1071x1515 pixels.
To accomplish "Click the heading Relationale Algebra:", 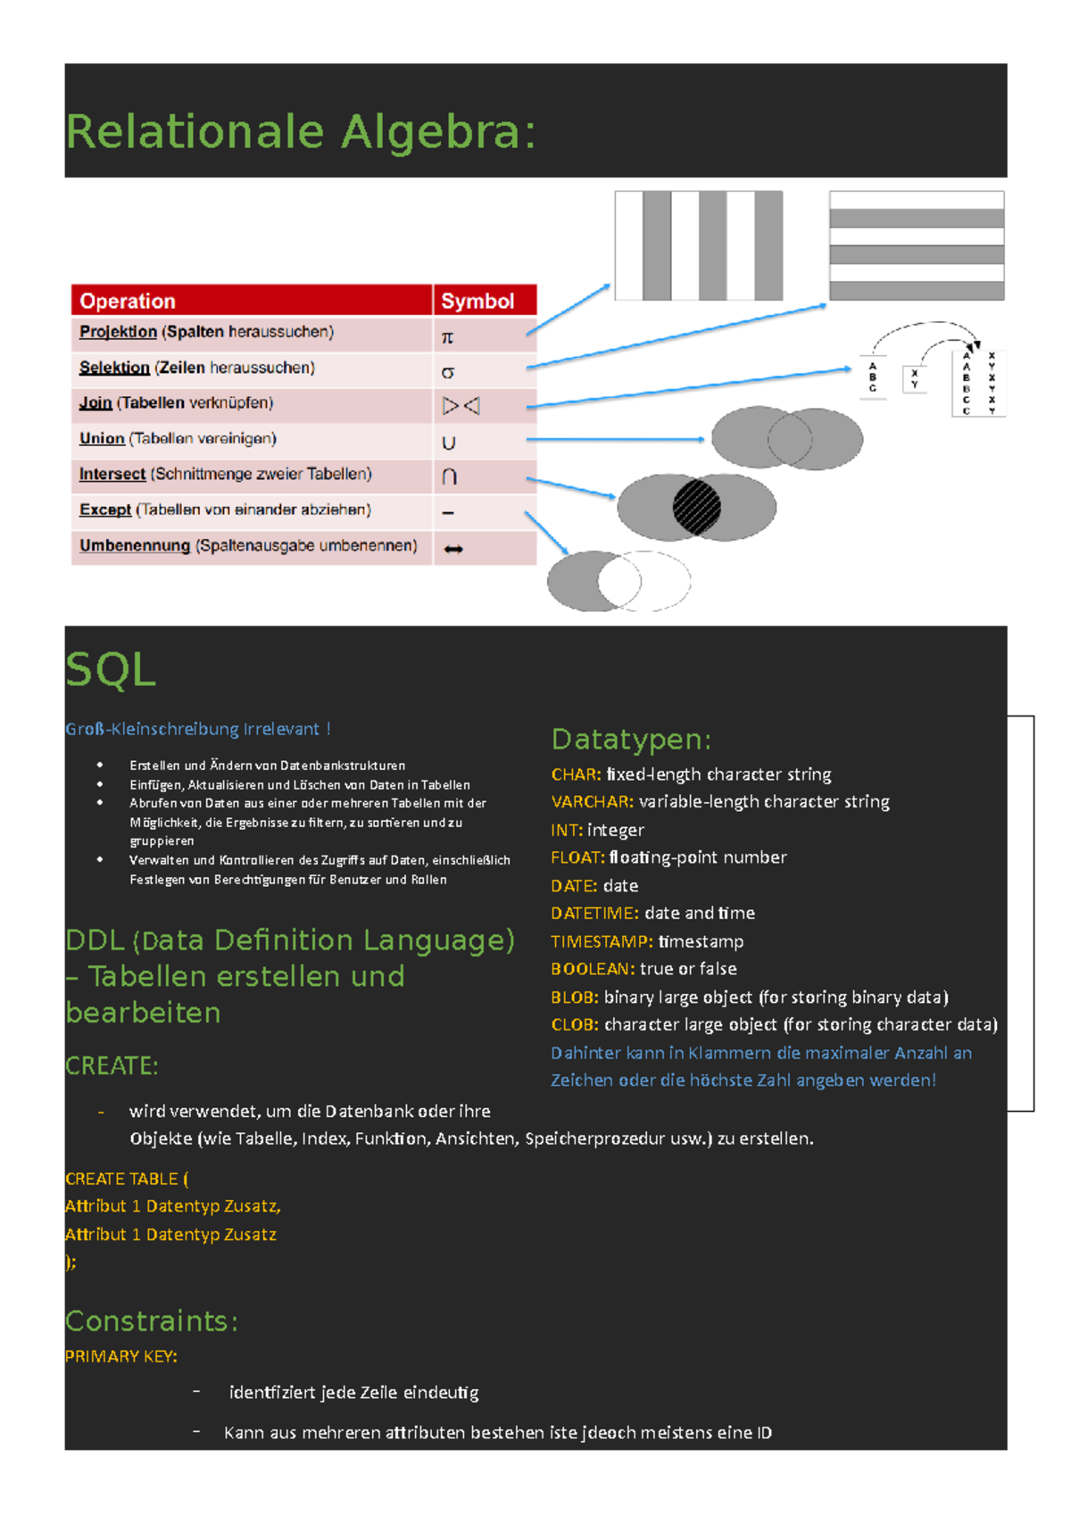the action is point(301,132).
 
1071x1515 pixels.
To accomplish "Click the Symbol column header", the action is point(477,302).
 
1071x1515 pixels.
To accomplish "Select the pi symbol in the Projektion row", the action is point(448,337).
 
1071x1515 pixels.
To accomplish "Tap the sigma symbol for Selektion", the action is point(448,372).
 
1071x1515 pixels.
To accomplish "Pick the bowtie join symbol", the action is point(461,407).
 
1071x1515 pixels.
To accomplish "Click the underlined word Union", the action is point(102,439).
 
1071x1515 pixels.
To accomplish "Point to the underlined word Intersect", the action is point(112,475).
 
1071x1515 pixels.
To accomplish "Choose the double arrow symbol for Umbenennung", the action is point(453,549).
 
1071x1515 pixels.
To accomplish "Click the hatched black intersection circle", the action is point(696,507).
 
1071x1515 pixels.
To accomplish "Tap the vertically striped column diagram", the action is point(699,245).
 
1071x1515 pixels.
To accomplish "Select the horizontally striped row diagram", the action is point(917,245).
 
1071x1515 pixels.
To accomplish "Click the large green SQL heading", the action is point(111,669).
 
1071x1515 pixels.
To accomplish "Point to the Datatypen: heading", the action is point(631,740).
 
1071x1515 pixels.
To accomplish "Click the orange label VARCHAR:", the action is point(592,802).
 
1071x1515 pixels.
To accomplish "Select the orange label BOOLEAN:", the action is point(593,969).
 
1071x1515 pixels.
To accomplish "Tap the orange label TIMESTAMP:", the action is point(602,941).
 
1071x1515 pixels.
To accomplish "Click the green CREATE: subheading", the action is point(112,1066).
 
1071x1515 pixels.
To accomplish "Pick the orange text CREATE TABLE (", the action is point(127,1179).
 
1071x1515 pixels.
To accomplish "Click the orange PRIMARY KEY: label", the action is point(121,1356).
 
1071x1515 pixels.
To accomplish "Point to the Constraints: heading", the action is point(152,1320).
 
